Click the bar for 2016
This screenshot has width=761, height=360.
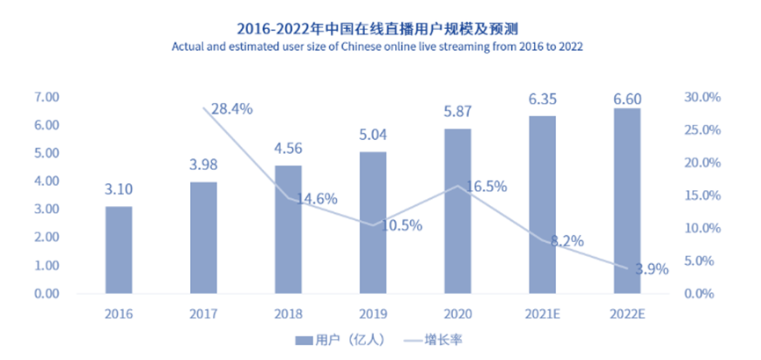click(x=119, y=250)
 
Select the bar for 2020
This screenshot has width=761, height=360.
click(x=457, y=211)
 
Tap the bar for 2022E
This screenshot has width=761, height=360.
click(x=626, y=201)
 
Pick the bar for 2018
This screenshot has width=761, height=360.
click(x=288, y=229)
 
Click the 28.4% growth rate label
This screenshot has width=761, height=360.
click(x=233, y=109)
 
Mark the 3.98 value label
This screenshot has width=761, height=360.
click(x=203, y=165)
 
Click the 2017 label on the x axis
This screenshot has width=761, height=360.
click(x=203, y=312)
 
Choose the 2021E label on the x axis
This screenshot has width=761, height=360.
click(x=542, y=312)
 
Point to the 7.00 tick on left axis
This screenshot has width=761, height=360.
click(x=46, y=97)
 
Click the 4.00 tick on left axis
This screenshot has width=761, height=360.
click(x=46, y=181)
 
